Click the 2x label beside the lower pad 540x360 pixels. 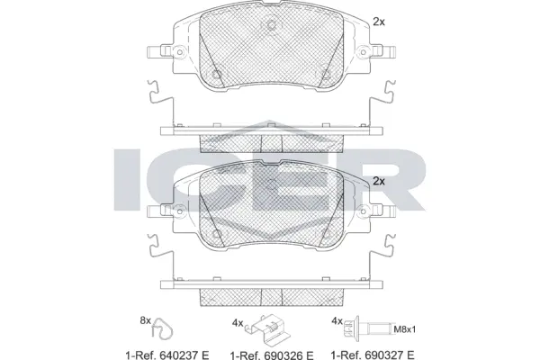point(379,181)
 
